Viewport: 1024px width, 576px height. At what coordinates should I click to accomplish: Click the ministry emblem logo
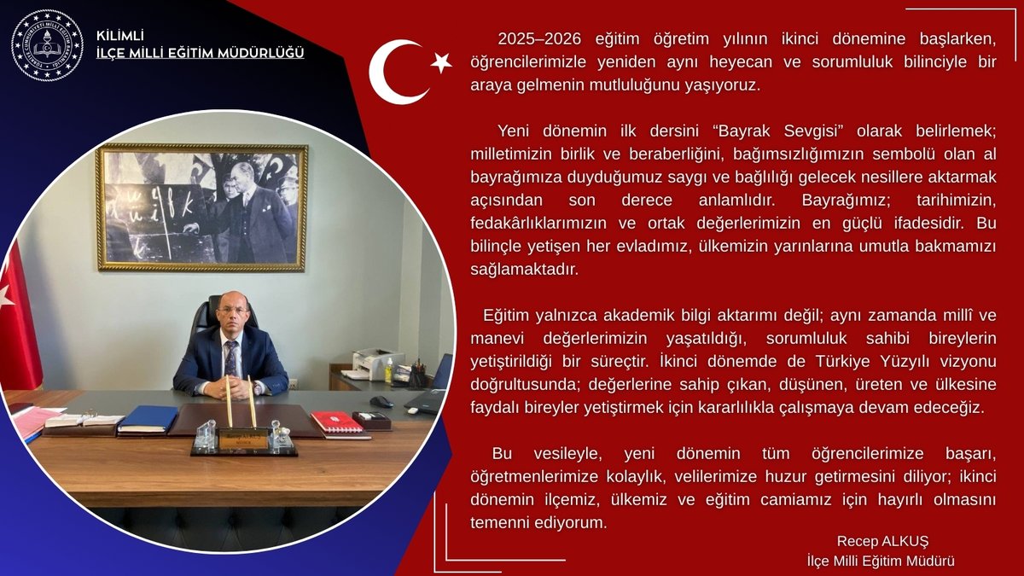pyautogui.click(x=47, y=44)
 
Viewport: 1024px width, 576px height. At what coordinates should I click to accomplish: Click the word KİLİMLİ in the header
pyautogui.click(x=120, y=35)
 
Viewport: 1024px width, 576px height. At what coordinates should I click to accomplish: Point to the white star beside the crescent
pyautogui.click(x=441, y=61)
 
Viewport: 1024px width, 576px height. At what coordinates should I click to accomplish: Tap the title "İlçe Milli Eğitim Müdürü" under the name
pyautogui.click(x=881, y=561)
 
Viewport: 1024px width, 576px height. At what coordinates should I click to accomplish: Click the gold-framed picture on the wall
pyautogui.click(x=201, y=207)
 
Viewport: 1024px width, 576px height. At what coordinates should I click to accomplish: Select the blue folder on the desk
pyautogui.click(x=147, y=419)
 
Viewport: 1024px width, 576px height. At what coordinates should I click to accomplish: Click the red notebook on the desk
pyautogui.click(x=337, y=422)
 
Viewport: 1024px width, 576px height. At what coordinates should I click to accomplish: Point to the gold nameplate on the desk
pyautogui.click(x=244, y=439)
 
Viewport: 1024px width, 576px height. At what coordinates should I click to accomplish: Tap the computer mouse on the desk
pyautogui.click(x=381, y=402)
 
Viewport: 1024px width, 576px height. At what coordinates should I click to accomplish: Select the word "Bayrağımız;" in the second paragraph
pyautogui.click(x=841, y=202)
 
